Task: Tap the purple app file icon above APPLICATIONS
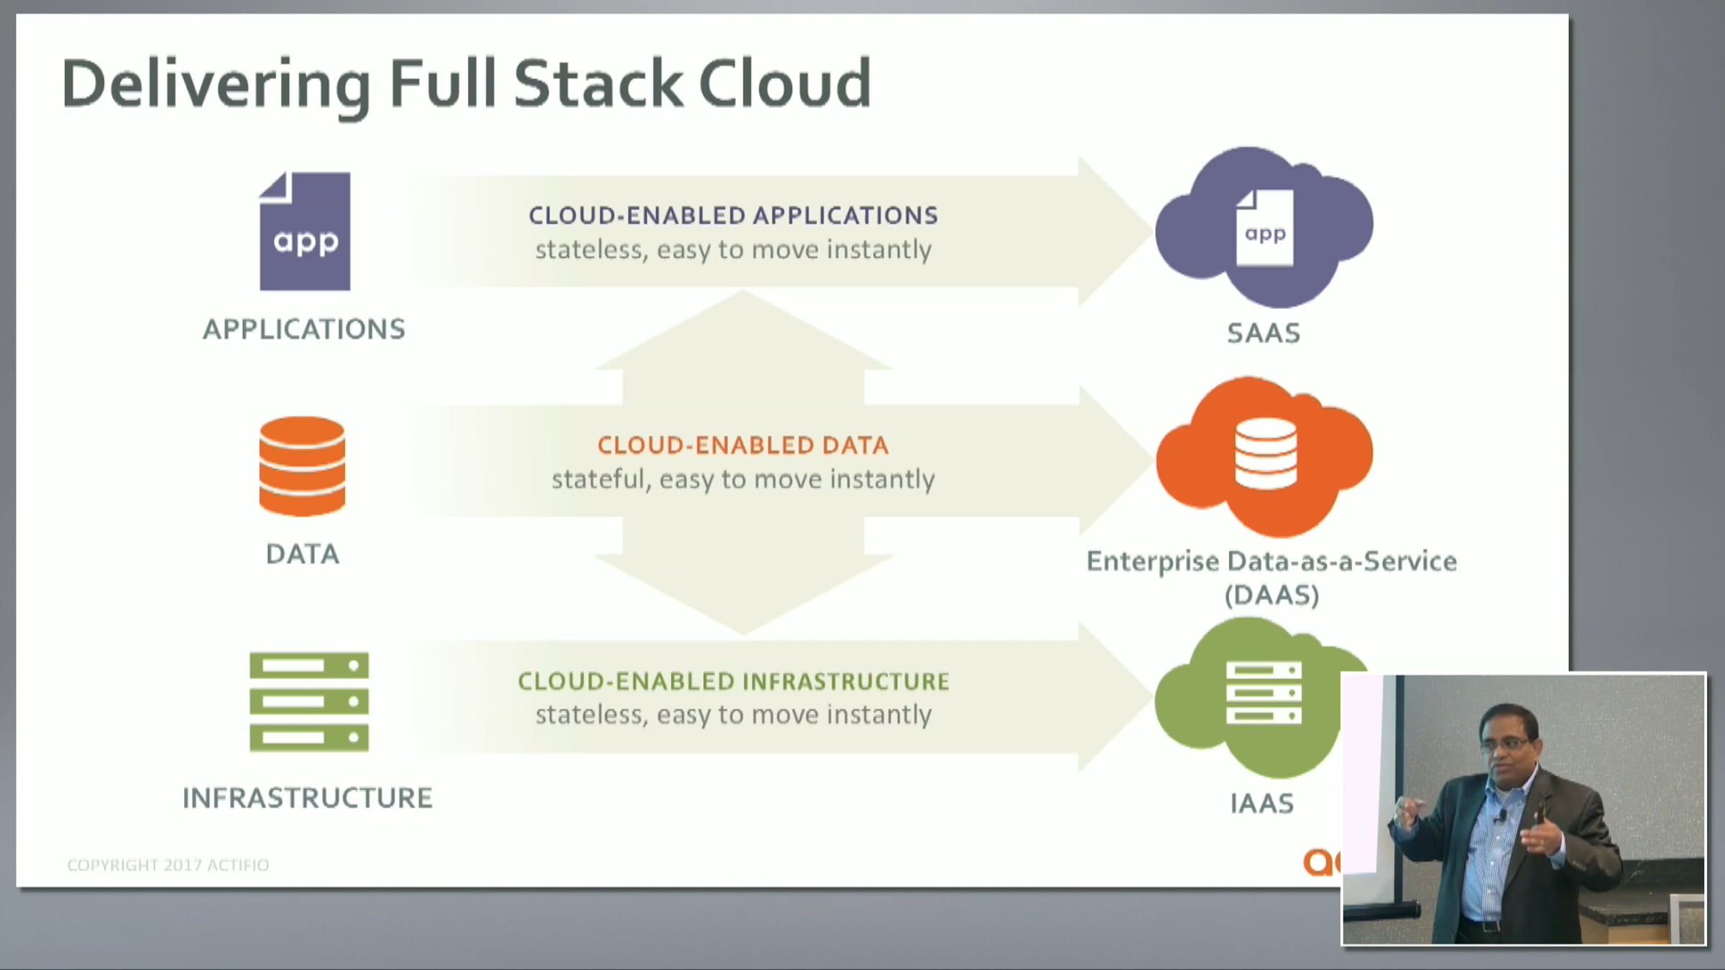[305, 231]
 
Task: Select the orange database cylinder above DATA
[303, 466]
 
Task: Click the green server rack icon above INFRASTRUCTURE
[309, 702]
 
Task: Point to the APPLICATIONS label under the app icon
[304, 329]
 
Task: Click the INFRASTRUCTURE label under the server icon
[308, 798]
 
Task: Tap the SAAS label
[1264, 333]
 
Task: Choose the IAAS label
[1262, 803]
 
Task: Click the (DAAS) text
[1271, 596]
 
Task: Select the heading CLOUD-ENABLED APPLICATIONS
[733, 216]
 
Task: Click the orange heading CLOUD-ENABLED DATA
[743, 445]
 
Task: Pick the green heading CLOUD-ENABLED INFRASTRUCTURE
[734, 681]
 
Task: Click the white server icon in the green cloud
[1264, 693]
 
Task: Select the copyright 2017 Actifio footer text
[168, 865]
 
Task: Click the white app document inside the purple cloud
[1264, 228]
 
